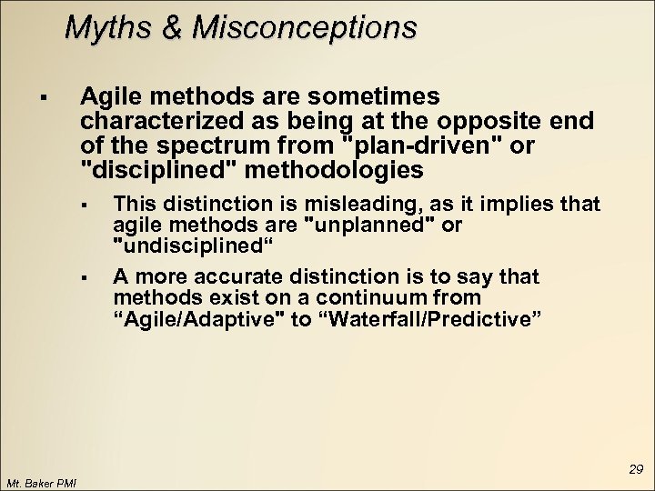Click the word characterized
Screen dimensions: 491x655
click(159, 120)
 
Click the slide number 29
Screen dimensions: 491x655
click(635, 469)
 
